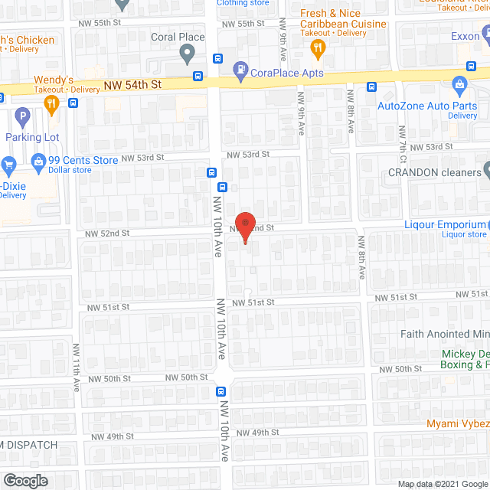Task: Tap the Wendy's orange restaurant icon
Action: (52, 106)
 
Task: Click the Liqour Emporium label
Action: (446, 224)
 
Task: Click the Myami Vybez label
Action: (458, 423)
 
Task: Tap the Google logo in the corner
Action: (24, 480)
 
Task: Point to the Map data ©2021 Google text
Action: (443, 484)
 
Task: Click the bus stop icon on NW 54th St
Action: (198, 76)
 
